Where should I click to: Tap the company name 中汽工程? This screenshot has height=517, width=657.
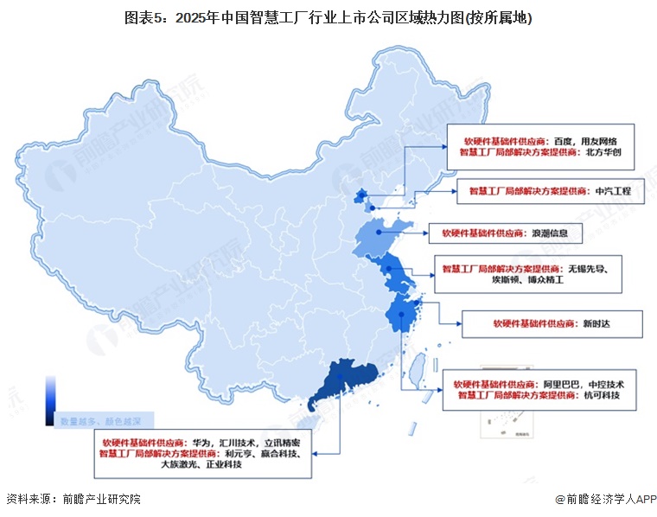pos(614,190)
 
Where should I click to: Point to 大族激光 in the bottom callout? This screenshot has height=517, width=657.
pos(181,464)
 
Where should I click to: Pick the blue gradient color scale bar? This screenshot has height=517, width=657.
pos(51,400)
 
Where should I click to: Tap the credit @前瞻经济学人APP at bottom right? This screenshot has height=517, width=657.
pos(605,500)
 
